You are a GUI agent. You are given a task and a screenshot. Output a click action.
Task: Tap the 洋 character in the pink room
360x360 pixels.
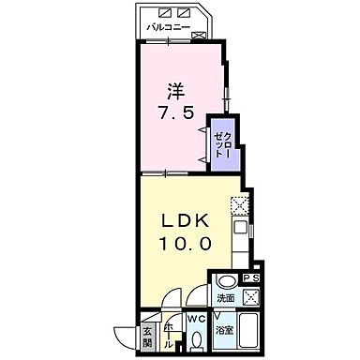click(174, 92)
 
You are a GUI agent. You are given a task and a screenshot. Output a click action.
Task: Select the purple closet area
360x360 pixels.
click(222, 143)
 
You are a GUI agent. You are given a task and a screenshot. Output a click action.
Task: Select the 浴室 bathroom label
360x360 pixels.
click(224, 330)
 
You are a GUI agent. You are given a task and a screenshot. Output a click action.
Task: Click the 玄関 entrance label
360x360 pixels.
click(147, 335)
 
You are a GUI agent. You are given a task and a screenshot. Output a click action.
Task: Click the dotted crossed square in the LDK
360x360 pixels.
click(240, 202)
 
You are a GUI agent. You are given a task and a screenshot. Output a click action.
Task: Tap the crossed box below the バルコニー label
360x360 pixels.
click(199, 35)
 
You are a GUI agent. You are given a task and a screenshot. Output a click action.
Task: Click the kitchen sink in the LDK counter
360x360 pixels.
click(241, 228)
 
